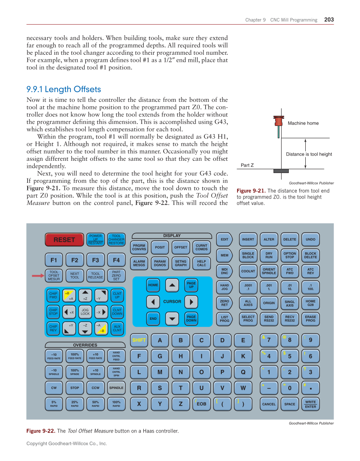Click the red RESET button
pos(64,240)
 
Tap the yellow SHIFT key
pos(139,340)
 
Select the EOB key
pos(201,404)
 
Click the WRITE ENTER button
pos(310,404)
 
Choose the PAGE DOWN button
pos(191,318)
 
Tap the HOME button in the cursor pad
pos(153,285)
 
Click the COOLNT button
pos(248,271)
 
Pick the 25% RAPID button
pos(75,404)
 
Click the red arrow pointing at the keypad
pos(38,276)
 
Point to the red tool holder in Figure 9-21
pos(278,121)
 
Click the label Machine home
pos(303,123)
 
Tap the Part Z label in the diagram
pos(247,165)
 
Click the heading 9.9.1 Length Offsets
pos(64,89)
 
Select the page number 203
pos(329,20)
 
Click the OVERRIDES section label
pos(85,345)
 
